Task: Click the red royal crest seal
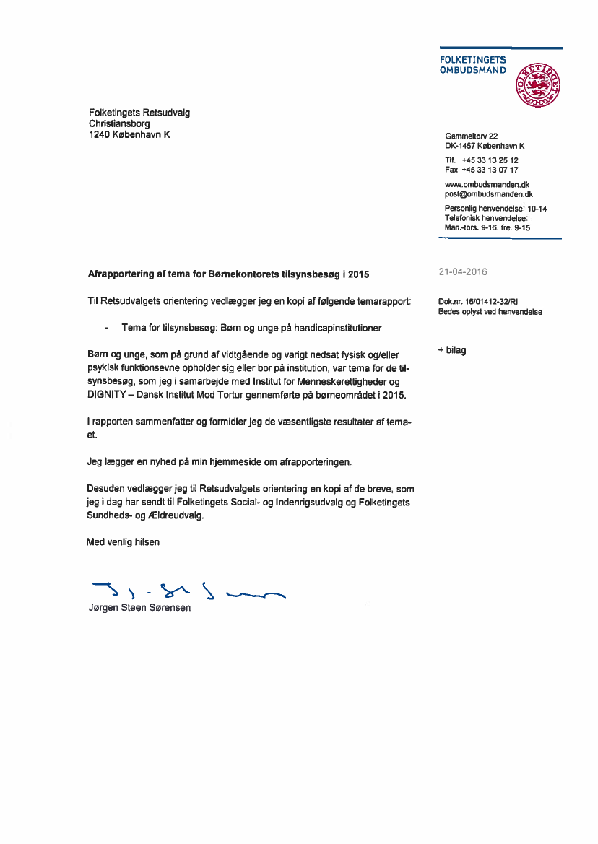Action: [537, 84]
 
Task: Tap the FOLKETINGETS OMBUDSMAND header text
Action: [473, 65]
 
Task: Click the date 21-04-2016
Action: [463, 272]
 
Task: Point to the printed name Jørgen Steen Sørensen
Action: [139, 608]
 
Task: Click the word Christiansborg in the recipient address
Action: [119, 123]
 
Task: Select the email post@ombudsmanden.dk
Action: [489, 194]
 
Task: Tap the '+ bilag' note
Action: [452, 350]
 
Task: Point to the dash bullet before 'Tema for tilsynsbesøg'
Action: [107, 328]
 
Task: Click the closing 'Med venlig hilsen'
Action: [123, 541]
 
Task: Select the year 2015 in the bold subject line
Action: [358, 274]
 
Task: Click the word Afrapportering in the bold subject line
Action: [119, 274]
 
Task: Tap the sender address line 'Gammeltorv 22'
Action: [472, 136]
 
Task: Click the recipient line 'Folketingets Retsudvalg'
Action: [139, 113]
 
